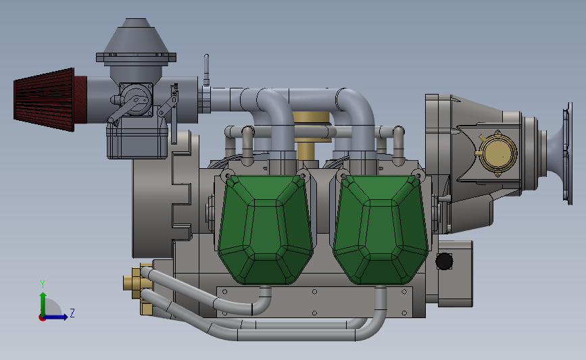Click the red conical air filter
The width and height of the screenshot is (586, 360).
45,100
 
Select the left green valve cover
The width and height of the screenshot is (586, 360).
266,228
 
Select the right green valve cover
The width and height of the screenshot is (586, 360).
381,228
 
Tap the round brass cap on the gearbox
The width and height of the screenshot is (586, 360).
497,153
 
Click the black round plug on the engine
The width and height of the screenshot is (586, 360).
444,261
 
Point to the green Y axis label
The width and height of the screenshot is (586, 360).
43,284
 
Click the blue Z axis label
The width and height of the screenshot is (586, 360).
72,313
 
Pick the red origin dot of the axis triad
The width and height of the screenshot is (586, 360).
43,318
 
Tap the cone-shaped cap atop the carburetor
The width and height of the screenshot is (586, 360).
136,36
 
